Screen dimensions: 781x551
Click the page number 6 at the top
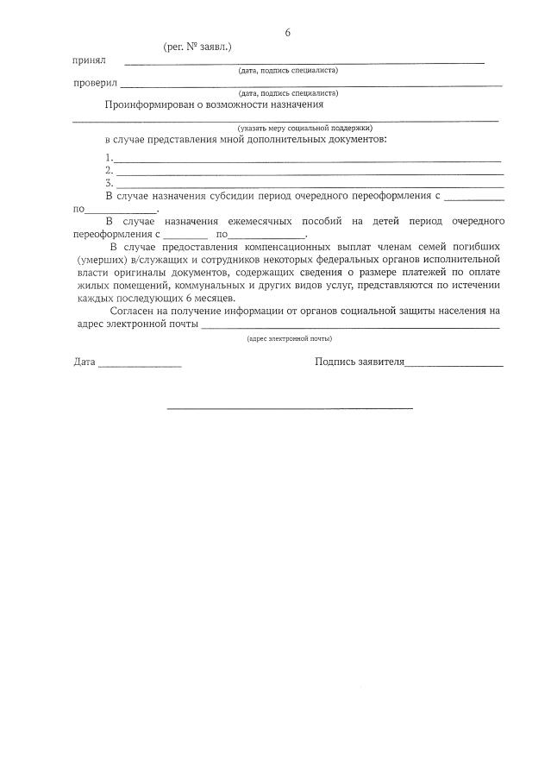pyautogui.click(x=287, y=33)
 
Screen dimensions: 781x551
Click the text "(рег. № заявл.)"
pyautogui.click(x=197, y=47)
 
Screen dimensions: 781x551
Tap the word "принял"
pyautogui.click(x=89, y=60)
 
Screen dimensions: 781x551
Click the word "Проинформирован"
pyautogui.click(x=152, y=104)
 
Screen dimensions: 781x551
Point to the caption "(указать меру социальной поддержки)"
pyautogui.click(x=305, y=127)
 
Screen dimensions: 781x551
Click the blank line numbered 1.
pyautogui.click(x=307, y=160)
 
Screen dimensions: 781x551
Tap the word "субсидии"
pyautogui.click(x=222, y=197)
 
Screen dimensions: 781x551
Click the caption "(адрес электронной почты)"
pyautogui.click(x=289, y=339)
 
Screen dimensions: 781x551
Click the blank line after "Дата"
pyautogui.click(x=139, y=366)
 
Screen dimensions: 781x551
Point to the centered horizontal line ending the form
pyautogui.click(x=289, y=407)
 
